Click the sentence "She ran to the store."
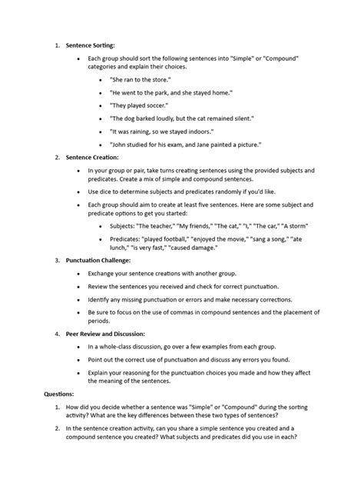(x=141, y=79)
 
